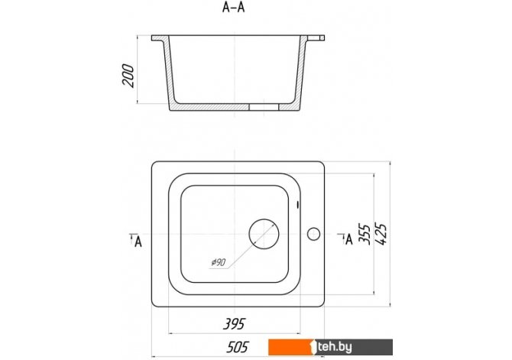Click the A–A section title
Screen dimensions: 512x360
pos(234,8)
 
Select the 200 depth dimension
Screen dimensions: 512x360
pos(128,76)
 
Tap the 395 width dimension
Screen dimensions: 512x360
pos(234,324)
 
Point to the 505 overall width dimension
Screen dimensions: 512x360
pos(238,347)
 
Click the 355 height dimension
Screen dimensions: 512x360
pos(364,234)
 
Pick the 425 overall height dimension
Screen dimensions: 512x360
pos(381,234)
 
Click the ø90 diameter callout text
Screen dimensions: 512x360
pos(219,262)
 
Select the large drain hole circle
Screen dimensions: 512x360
pos(264,234)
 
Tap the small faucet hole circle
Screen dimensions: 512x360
pos(313,234)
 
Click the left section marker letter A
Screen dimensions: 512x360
pos(138,242)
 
